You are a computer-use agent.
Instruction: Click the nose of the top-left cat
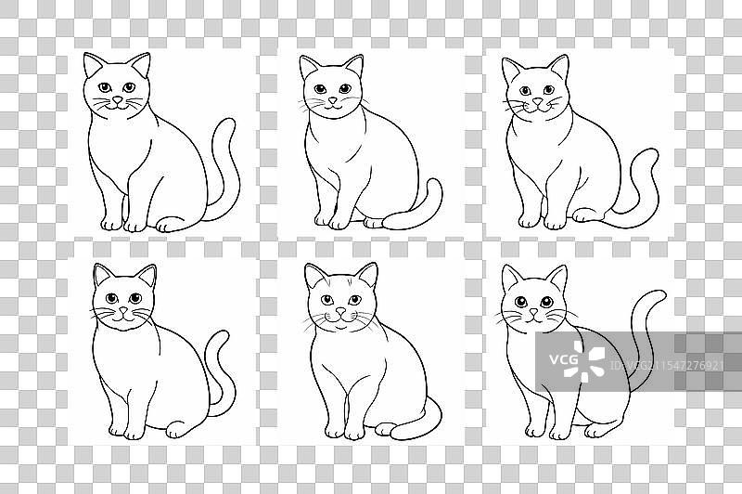click(x=118, y=100)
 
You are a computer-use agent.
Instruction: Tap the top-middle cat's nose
click(x=333, y=100)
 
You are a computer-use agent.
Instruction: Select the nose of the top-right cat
click(x=538, y=101)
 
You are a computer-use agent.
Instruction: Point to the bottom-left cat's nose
click(x=123, y=311)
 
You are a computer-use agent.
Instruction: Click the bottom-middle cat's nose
click(x=340, y=311)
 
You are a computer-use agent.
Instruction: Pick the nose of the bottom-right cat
click(x=534, y=312)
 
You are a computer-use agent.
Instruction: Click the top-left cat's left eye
click(x=105, y=87)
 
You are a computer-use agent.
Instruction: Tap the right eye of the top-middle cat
click(x=345, y=88)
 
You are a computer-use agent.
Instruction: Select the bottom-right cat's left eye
click(x=520, y=301)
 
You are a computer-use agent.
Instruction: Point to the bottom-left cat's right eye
click(x=135, y=298)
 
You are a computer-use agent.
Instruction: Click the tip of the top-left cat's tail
click(x=229, y=121)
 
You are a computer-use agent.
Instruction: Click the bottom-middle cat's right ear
click(x=367, y=274)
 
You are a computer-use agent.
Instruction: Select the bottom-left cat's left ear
click(x=103, y=274)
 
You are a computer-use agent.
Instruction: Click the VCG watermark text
click(x=564, y=360)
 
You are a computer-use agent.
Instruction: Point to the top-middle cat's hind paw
click(x=374, y=223)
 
